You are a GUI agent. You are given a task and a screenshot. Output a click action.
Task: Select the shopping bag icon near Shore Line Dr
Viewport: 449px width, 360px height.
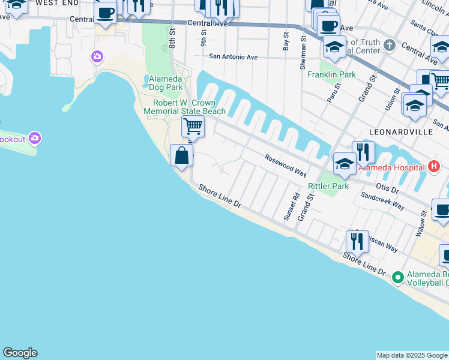pos(181,156)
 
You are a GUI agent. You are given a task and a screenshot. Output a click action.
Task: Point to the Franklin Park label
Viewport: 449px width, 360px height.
pos(331,75)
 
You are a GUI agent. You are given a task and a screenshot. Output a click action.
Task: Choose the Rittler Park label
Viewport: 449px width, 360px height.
pos(328,187)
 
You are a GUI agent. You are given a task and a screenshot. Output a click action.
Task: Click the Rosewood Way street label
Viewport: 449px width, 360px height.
pos(286,165)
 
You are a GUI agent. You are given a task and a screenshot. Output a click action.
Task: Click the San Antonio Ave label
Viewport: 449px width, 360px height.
pos(233,57)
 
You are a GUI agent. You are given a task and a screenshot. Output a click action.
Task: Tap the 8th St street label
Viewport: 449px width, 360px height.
pos(172,40)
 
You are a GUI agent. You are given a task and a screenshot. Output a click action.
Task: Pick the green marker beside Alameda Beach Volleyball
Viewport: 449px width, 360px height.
pos(397,277)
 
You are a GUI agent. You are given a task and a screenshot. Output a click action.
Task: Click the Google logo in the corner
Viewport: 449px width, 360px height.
pos(20,353)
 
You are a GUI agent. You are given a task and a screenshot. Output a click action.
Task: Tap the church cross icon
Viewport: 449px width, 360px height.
pos(389,45)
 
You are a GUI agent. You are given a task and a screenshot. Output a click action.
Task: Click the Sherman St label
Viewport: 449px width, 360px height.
pos(303,43)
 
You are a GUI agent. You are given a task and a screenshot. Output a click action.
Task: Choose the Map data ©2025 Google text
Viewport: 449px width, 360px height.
pos(412,355)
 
